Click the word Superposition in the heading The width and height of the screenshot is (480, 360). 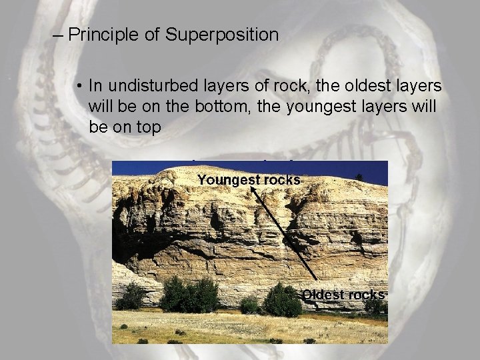(x=223, y=35)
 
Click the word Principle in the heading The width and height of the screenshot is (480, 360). (x=106, y=35)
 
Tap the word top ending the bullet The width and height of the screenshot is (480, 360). (x=147, y=127)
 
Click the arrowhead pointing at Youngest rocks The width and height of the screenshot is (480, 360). (x=254, y=191)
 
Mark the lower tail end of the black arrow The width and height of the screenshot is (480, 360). (x=315, y=279)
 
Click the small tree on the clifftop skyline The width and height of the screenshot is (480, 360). (x=359, y=177)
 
